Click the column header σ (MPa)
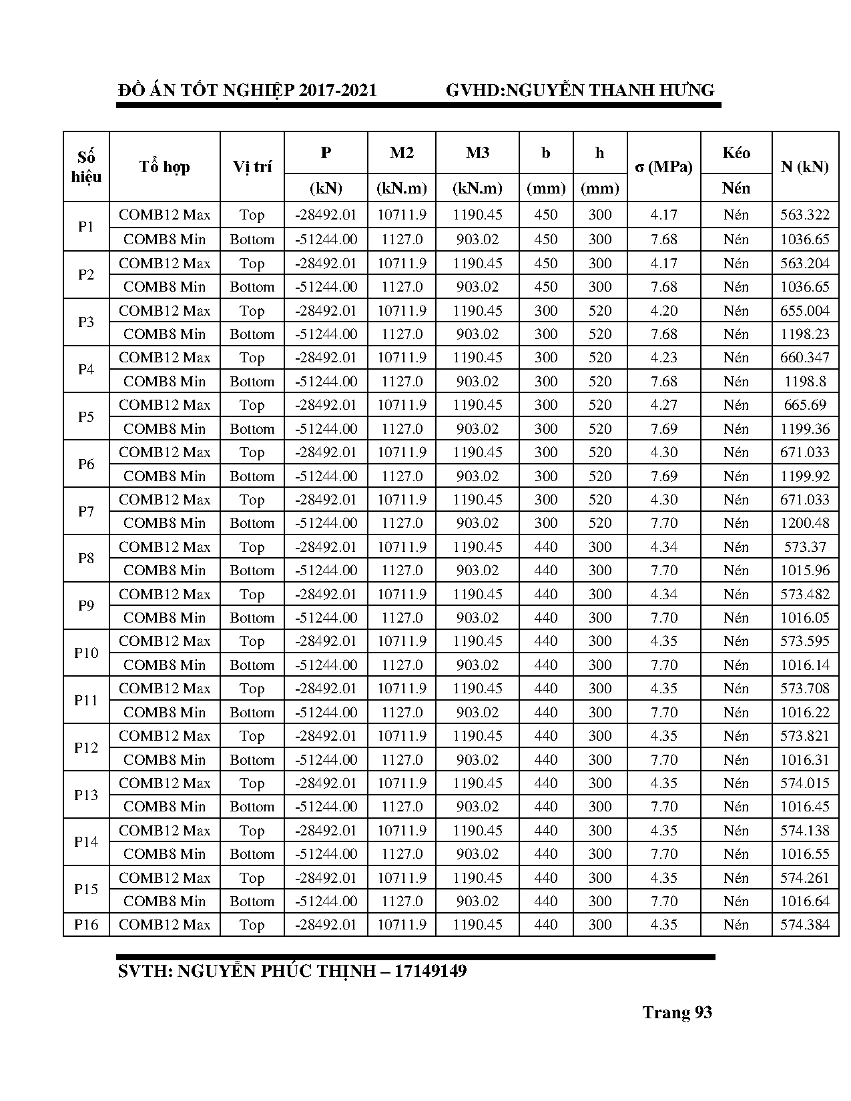pyautogui.click(x=663, y=167)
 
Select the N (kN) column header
pyautogui.click(x=804, y=167)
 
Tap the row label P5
pyautogui.click(x=86, y=416)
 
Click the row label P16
pyautogui.click(x=86, y=925)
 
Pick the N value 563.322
pyautogui.click(x=804, y=215)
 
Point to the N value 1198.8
pyautogui.click(x=804, y=382)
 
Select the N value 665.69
pyautogui.click(x=804, y=405)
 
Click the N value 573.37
pyautogui.click(x=804, y=547)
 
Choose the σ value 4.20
pyautogui.click(x=663, y=311)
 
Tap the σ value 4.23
pyautogui.click(x=663, y=358)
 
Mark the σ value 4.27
pyautogui.click(x=663, y=405)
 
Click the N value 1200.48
pyautogui.click(x=804, y=523)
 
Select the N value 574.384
pyautogui.click(x=804, y=925)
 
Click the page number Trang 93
pyautogui.click(x=677, y=1013)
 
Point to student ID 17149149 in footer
pyautogui.click(x=430, y=971)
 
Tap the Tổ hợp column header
pyautogui.click(x=164, y=167)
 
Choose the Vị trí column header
pyautogui.click(x=252, y=167)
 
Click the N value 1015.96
pyautogui.click(x=804, y=571)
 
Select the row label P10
pyautogui.click(x=86, y=653)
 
